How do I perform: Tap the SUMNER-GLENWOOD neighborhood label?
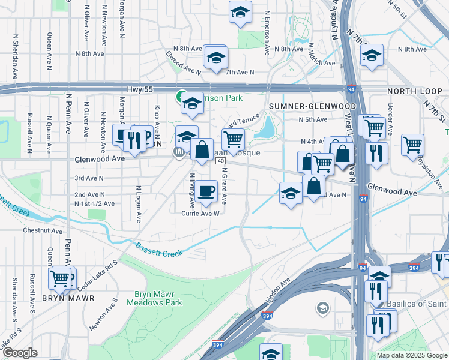tap(312, 106)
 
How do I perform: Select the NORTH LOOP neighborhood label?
tap(414, 92)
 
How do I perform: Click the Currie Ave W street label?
tap(200, 213)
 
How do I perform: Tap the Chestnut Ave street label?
tap(42, 230)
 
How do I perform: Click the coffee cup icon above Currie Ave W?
tap(206, 191)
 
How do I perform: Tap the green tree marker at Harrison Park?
tap(180, 96)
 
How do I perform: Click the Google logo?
tap(20, 353)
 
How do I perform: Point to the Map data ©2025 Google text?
tap(412, 355)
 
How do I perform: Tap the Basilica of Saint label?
tap(417, 304)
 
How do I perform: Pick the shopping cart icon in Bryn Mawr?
tap(60, 278)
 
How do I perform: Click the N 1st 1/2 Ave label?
tap(94, 204)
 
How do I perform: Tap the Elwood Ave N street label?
tap(183, 64)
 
